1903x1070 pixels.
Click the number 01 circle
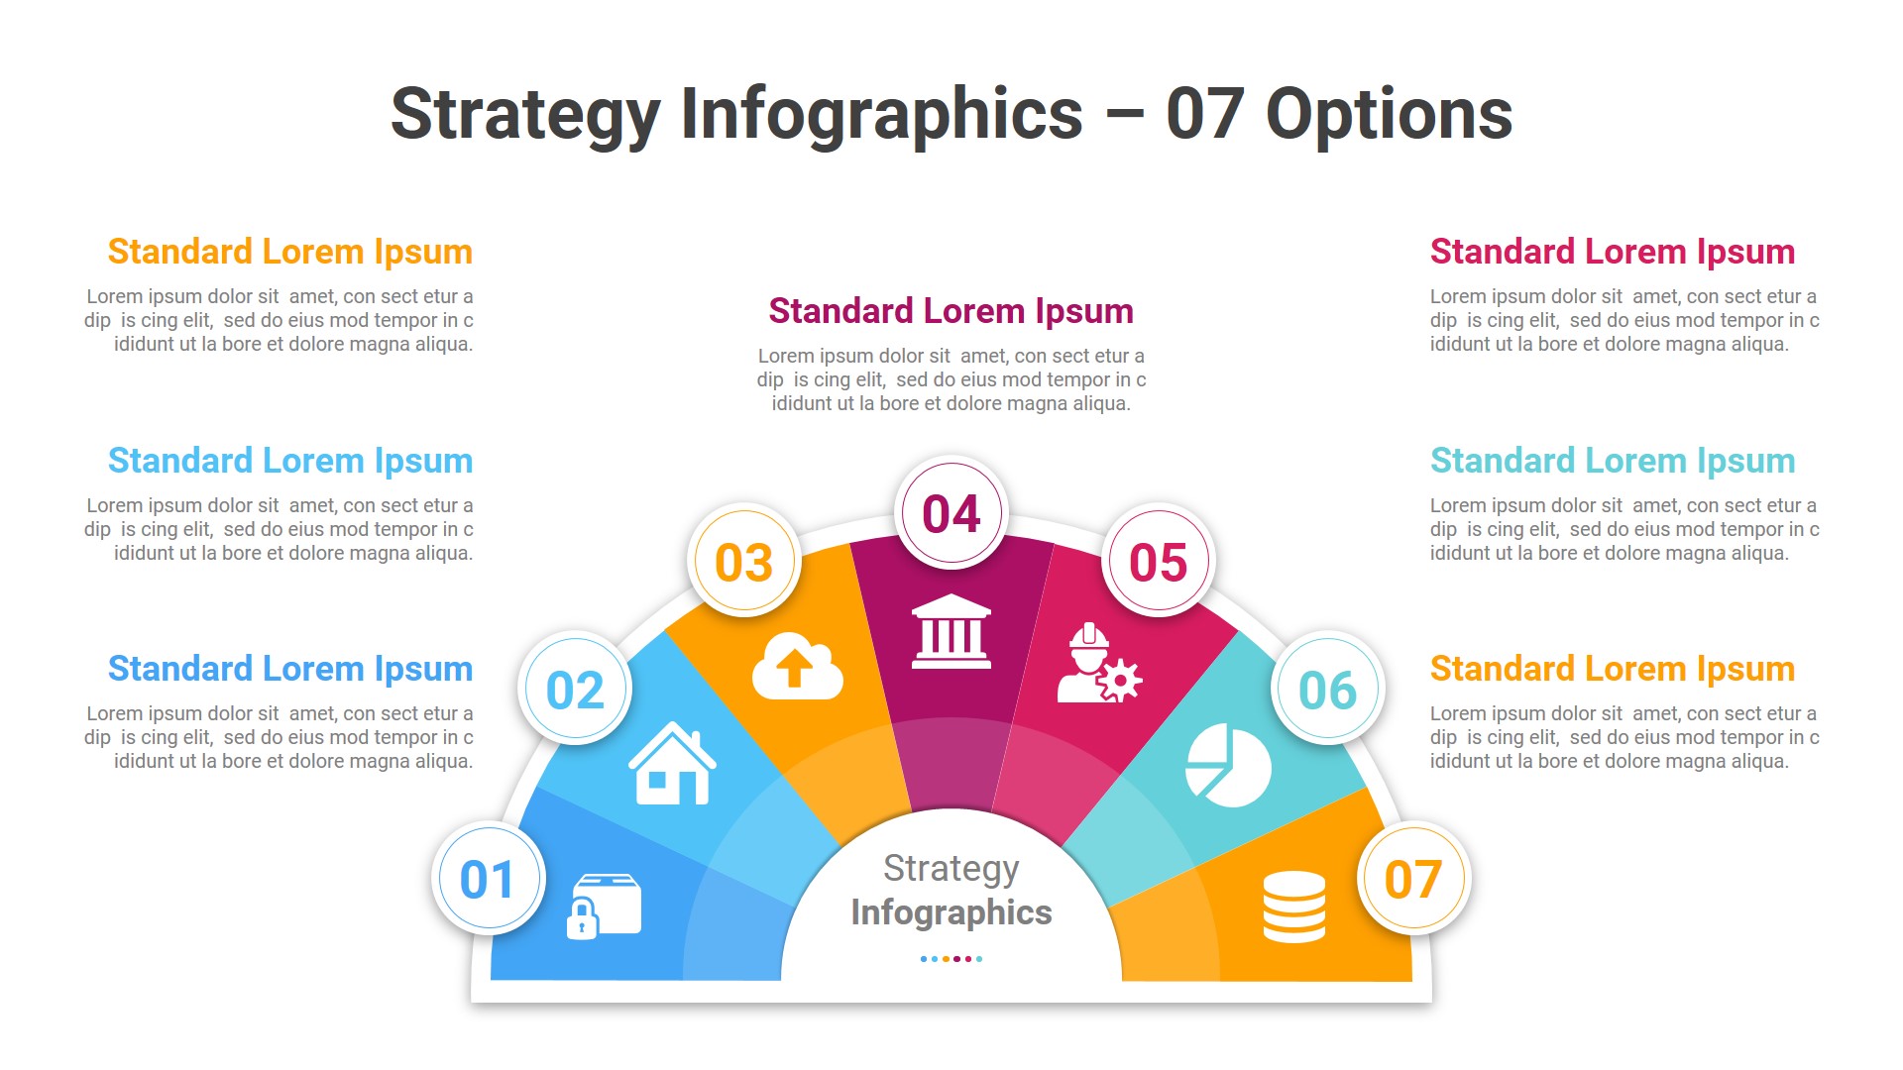click(x=488, y=879)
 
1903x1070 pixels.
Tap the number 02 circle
click(x=575, y=690)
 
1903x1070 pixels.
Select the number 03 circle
click(x=743, y=562)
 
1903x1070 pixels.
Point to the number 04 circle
click(x=951, y=513)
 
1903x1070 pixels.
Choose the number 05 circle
click(x=1158, y=562)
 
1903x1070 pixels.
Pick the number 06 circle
click(x=1327, y=690)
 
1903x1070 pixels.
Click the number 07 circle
click(x=1413, y=879)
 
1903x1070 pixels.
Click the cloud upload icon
click(x=797, y=667)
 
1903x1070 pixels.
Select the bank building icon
click(x=951, y=631)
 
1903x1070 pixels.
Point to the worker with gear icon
click(x=1098, y=665)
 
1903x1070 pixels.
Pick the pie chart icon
click(x=1229, y=765)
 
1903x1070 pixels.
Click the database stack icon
click(x=1293, y=907)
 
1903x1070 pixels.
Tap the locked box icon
click(x=604, y=906)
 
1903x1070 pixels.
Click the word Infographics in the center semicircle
click(x=951, y=912)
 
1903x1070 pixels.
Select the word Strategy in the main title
click(x=525, y=115)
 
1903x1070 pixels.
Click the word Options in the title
click(x=1389, y=115)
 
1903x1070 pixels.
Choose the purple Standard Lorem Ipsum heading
click(x=951, y=311)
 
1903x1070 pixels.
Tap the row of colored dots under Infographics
click(x=951, y=959)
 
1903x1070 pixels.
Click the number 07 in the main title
click(x=1204, y=115)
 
